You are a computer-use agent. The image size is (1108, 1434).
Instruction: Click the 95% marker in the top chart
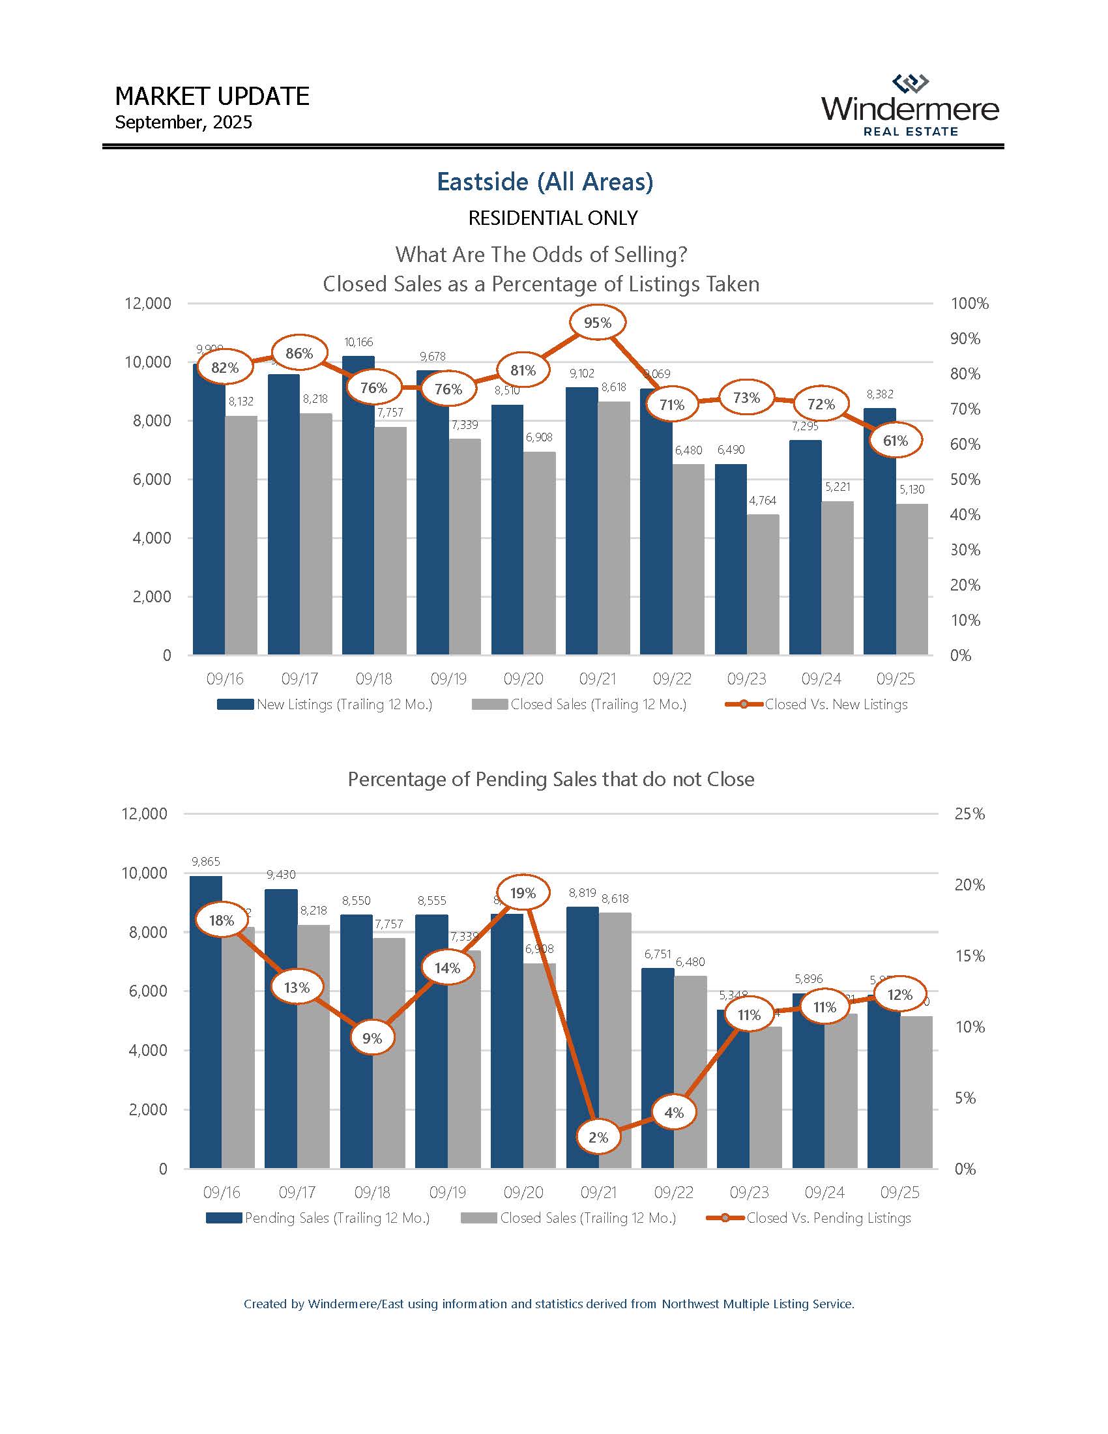pyautogui.click(x=597, y=323)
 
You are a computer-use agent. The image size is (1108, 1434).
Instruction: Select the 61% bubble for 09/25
pyautogui.click(x=896, y=441)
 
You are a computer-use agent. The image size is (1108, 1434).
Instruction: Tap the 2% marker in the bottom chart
pyautogui.click(x=598, y=1137)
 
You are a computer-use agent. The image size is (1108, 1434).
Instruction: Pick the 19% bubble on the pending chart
pyautogui.click(x=523, y=893)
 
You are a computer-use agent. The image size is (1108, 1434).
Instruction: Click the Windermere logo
pyautogui.click(x=910, y=106)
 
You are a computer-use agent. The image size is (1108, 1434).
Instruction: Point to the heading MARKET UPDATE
pyautogui.click(x=212, y=96)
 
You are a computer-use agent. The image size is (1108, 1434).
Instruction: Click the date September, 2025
pyautogui.click(x=183, y=123)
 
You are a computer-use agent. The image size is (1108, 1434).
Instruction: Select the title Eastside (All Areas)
pyautogui.click(x=545, y=182)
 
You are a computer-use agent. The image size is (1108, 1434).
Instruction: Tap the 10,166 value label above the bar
pyautogui.click(x=358, y=342)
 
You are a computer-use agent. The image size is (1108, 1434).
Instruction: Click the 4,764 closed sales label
pyautogui.click(x=763, y=501)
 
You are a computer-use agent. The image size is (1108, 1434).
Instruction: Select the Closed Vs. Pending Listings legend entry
pyautogui.click(x=828, y=1218)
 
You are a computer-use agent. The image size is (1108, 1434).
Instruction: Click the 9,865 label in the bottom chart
pyautogui.click(x=206, y=862)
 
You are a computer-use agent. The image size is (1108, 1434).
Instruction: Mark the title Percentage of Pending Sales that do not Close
pyautogui.click(x=551, y=780)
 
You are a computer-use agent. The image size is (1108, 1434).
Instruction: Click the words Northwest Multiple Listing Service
pyautogui.click(x=757, y=1304)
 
